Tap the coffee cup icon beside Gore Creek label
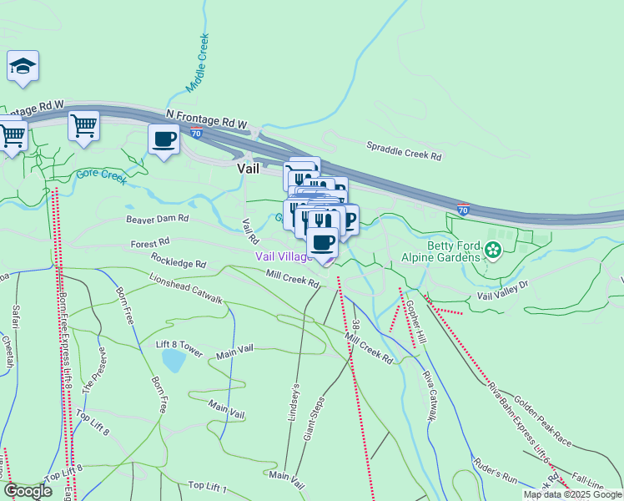pyautogui.click(x=164, y=139)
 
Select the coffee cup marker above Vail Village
pyautogui.click(x=323, y=243)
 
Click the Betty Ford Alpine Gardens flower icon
pyautogui.click(x=492, y=249)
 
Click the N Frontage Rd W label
pyautogui.click(x=207, y=118)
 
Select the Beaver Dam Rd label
pyautogui.click(x=158, y=219)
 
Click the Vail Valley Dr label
pyautogui.click(x=503, y=290)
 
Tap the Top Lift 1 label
pyautogui.click(x=209, y=485)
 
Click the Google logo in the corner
pyautogui.click(x=28, y=491)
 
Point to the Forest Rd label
pyautogui.click(x=149, y=242)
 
